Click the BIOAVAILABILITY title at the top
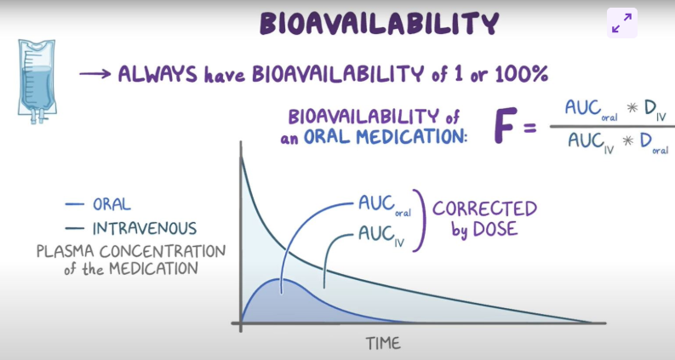coord(380,23)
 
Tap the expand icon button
coord(622,23)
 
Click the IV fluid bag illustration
coord(37,82)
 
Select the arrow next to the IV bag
coord(95,74)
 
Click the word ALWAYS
coord(157,74)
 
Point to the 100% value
coord(522,74)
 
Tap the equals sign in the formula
coord(530,129)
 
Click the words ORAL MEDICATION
coord(386,137)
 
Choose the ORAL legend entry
coord(98,204)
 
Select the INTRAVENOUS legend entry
coord(131,228)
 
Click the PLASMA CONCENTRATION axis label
coord(131,251)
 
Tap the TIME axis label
coord(383,344)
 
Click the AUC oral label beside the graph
coord(385,205)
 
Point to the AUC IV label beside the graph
coord(381,236)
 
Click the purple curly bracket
coord(420,220)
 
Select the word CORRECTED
coord(484,209)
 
